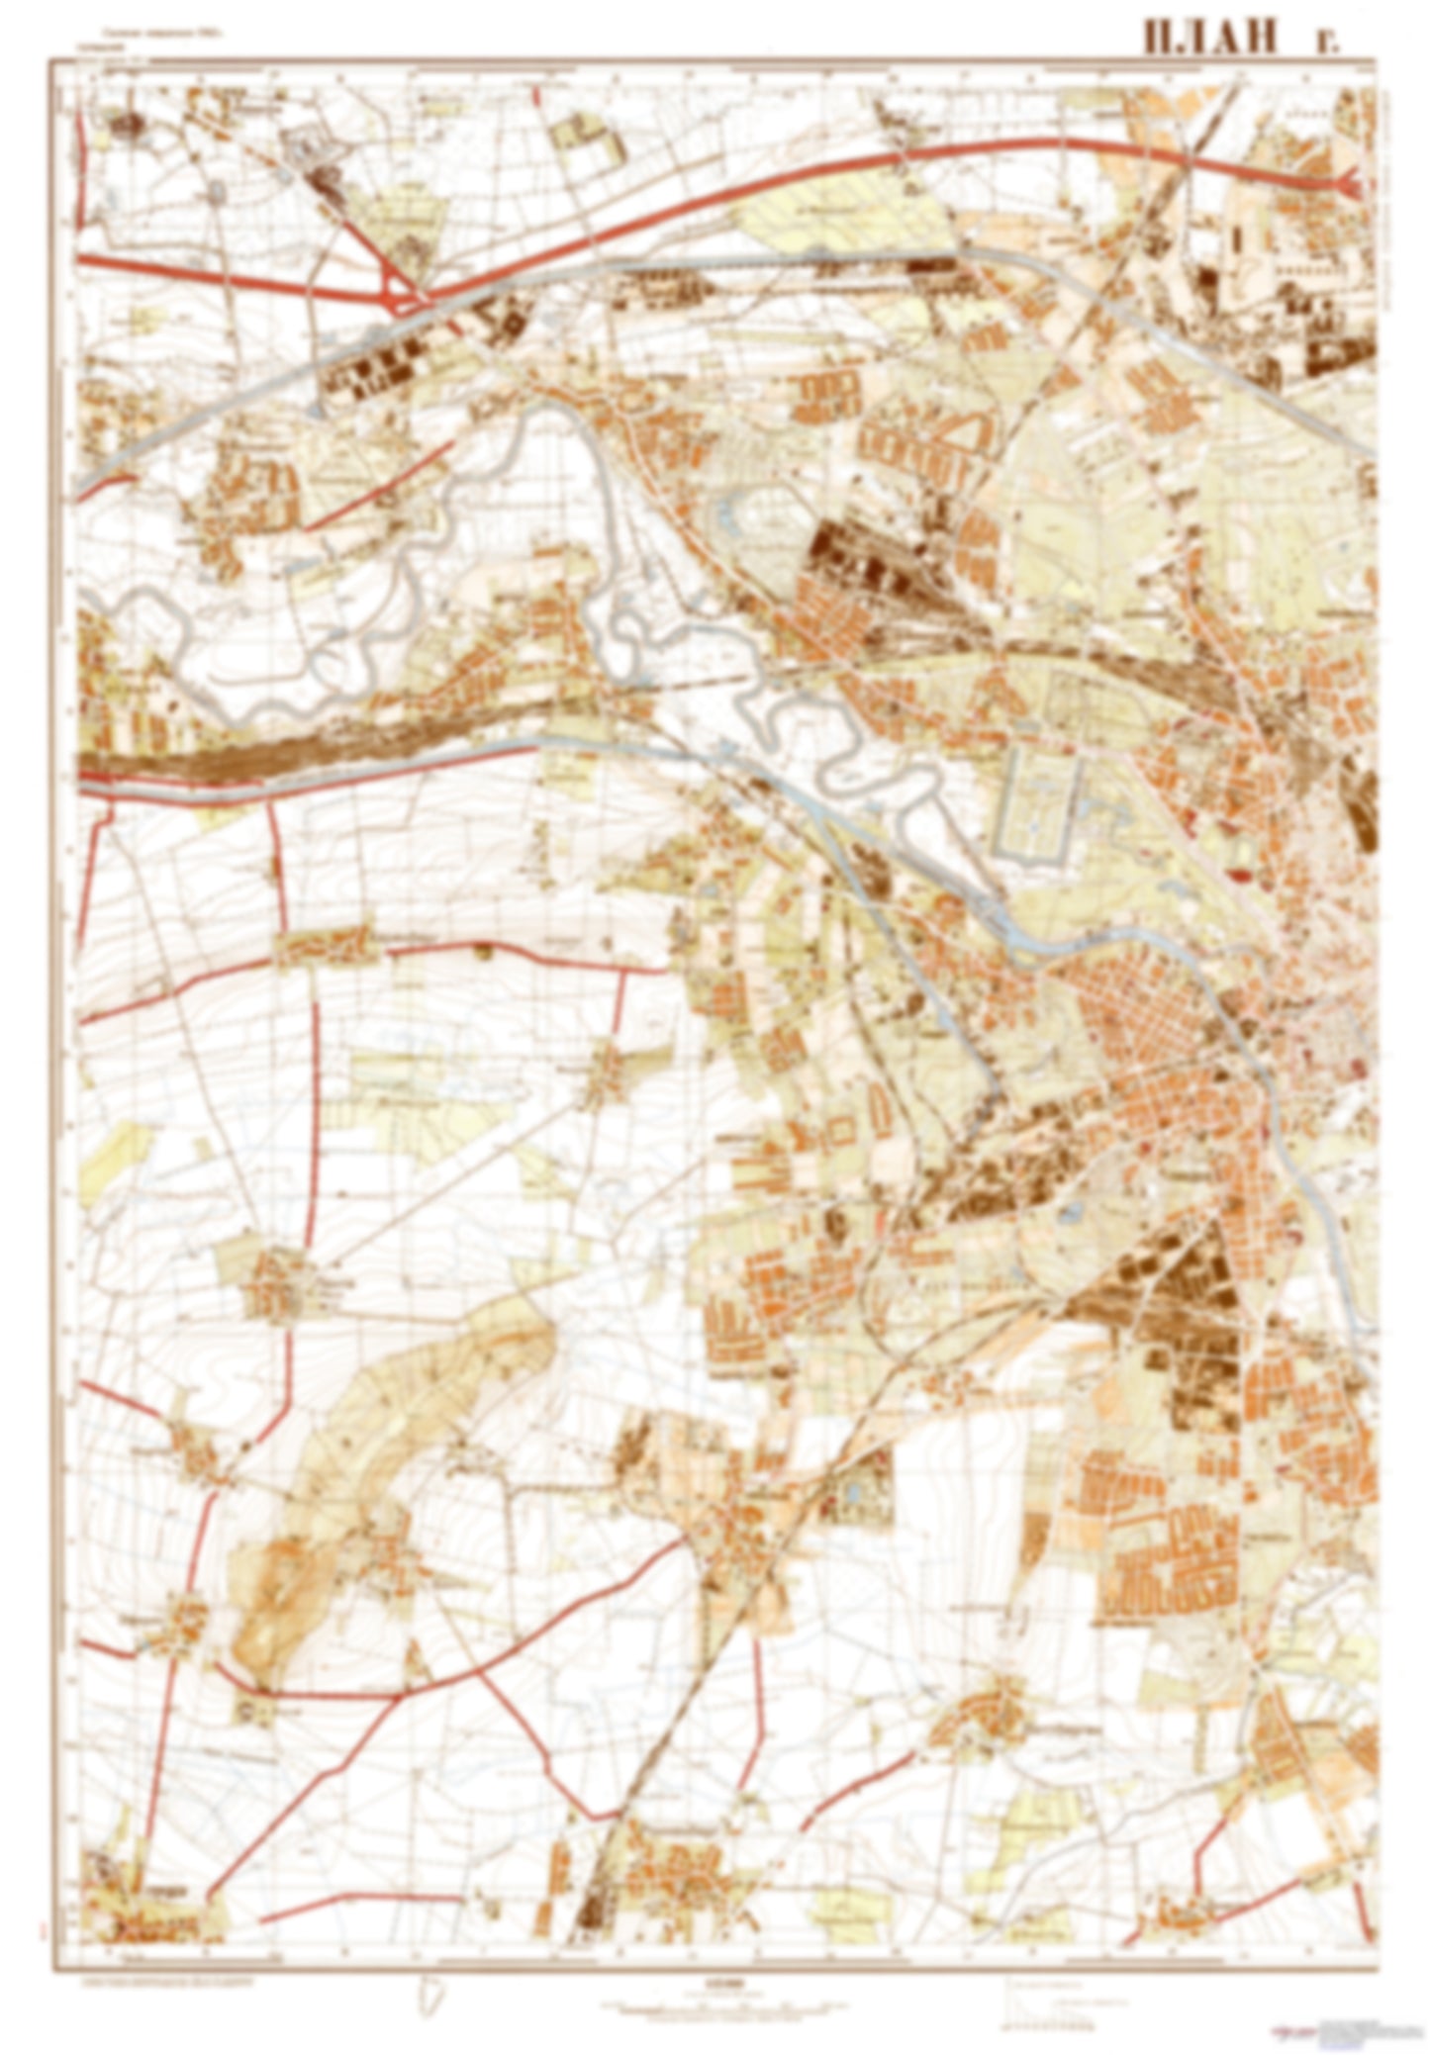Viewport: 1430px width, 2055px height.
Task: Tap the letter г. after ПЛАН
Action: pos(1322,40)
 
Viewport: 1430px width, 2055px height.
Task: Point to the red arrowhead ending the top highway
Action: pos(1351,182)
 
